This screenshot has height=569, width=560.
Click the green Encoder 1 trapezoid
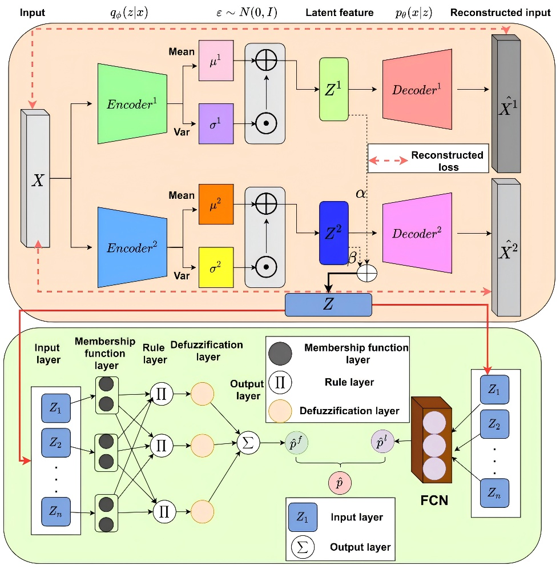132,103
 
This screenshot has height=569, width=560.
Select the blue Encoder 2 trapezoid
132,247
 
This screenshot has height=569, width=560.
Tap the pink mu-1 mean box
216,60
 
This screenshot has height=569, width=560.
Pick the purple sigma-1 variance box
216,123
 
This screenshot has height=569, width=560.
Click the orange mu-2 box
216,203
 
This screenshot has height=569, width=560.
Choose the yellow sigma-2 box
216,266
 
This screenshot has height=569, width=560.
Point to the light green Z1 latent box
334,89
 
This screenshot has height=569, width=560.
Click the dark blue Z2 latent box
334,233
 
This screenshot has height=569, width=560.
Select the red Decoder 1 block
416,90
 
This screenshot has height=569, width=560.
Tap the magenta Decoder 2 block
416,234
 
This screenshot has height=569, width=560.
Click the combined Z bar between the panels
328,304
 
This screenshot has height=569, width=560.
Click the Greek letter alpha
361,194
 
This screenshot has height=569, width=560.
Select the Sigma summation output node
248,442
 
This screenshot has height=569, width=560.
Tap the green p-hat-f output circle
297,443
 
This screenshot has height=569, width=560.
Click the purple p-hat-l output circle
382,442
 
